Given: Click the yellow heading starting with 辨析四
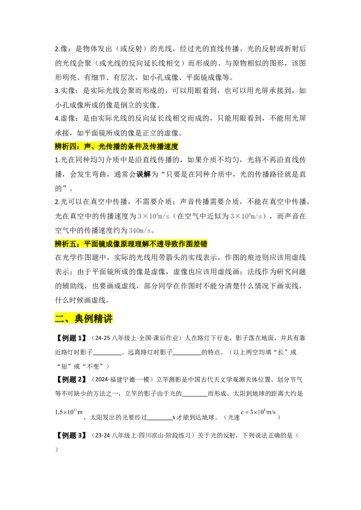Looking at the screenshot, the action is pos(116,146).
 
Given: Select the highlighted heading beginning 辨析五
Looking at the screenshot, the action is pos(131,244).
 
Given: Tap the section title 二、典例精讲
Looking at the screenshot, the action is pos(84,319).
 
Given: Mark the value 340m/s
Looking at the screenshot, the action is pos(140,231).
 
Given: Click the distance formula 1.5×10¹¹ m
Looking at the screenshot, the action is pos(69,412).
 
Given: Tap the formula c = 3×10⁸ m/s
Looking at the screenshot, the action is pos(258,412).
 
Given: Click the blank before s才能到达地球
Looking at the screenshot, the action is pos(160,419).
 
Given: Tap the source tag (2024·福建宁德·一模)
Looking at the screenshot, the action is pos(121,380).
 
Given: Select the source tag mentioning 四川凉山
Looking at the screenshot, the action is pos(141,435).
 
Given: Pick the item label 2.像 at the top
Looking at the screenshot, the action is pos(62,49).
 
